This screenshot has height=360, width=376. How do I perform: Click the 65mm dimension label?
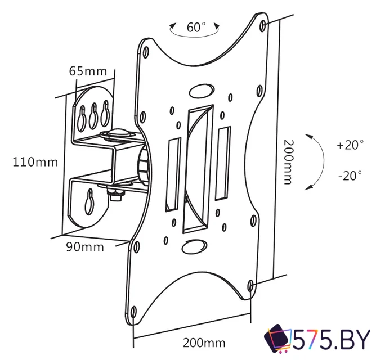88,71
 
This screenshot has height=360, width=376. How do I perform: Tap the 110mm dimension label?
35,162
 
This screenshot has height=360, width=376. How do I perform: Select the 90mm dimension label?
85,247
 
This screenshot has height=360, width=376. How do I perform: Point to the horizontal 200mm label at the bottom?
204,343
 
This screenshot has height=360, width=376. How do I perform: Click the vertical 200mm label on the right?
289,162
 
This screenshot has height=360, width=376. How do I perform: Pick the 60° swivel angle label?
196,27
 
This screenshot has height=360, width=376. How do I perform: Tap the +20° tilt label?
350,145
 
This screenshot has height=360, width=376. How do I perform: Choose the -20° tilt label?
350,175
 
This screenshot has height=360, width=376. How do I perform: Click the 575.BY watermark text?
332,340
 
